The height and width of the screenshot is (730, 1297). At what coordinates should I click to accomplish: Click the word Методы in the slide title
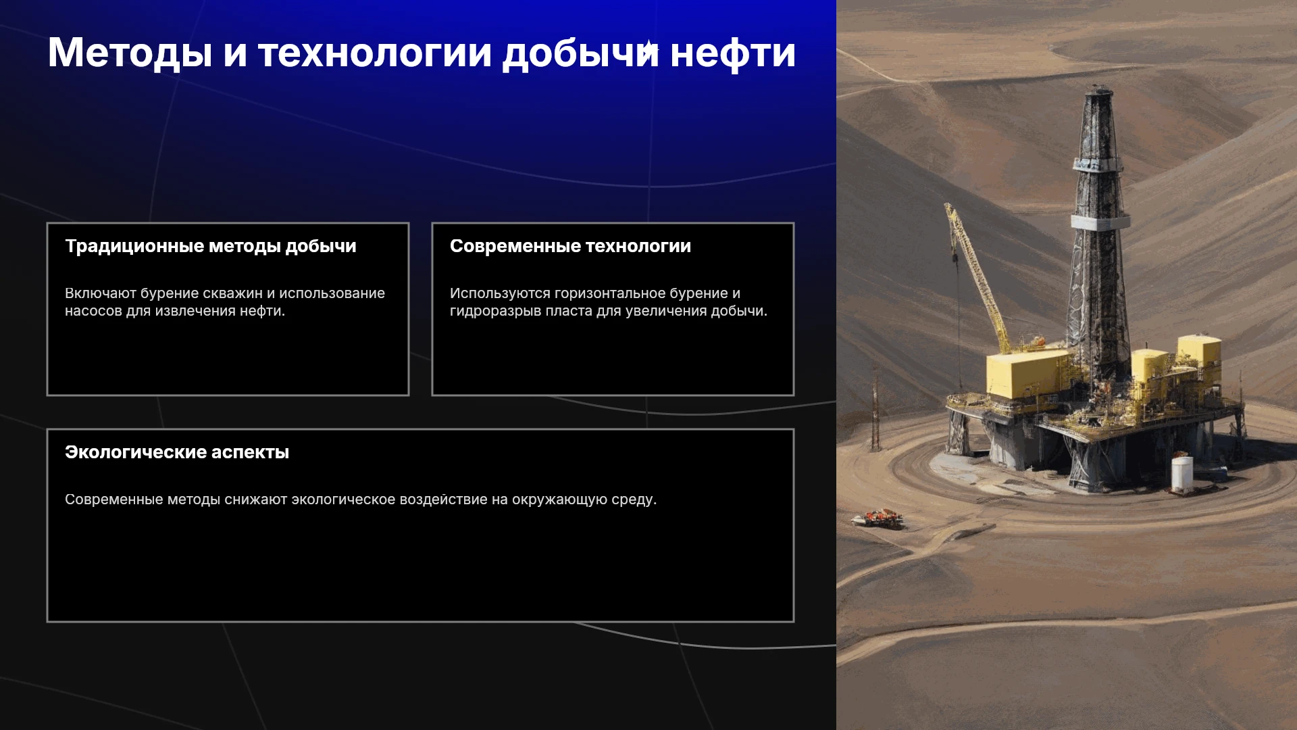click(x=130, y=53)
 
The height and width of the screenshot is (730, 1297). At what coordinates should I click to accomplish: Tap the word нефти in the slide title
click(x=733, y=53)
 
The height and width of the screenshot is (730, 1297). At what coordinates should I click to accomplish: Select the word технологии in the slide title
click(x=375, y=53)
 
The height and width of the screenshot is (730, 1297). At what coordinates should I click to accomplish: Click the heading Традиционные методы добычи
click(x=211, y=246)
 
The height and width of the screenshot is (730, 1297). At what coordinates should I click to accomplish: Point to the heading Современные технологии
click(x=571, y=246)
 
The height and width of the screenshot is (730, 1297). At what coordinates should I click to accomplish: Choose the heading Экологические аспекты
click(x=177, y=452)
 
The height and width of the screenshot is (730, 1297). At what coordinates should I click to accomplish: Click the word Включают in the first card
click(x=101, y=293)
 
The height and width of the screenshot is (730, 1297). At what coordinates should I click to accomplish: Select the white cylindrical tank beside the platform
click(x=1182, y=474)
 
